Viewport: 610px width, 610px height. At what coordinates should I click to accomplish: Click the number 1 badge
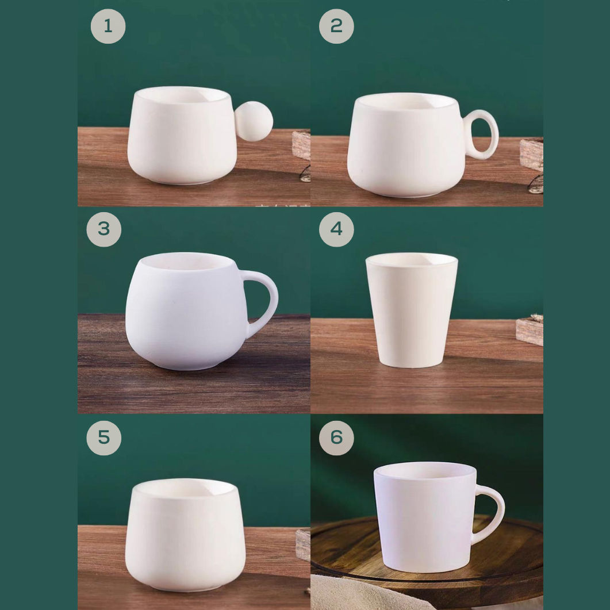(x=108, y=26)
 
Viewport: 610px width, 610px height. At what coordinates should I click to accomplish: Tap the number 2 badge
(x=336, y=26)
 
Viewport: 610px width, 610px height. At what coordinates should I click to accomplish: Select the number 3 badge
(x=103, y=229)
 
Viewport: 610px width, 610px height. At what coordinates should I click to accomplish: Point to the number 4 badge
(x=336, y=229)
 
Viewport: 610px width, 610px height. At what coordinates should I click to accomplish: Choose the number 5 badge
(x=103, y=438)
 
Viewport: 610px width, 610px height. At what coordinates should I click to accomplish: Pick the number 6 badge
(x=336, y=438)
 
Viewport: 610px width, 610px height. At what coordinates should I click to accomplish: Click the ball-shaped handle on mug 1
(x=254, y=121)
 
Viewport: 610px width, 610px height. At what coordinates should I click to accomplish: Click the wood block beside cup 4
(x=530, y=331)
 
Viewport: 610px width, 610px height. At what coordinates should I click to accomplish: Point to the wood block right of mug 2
(x=531, y=154)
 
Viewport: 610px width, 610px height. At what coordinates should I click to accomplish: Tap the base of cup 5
(x=185, y=585)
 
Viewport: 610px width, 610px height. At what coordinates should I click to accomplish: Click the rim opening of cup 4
(x=412, y=260)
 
